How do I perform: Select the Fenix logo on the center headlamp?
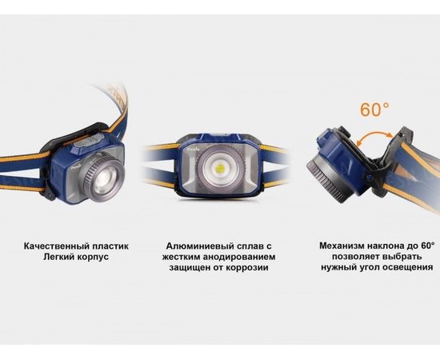[194, 146]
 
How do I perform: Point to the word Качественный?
[55, 247]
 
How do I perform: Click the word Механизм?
[343, 247]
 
